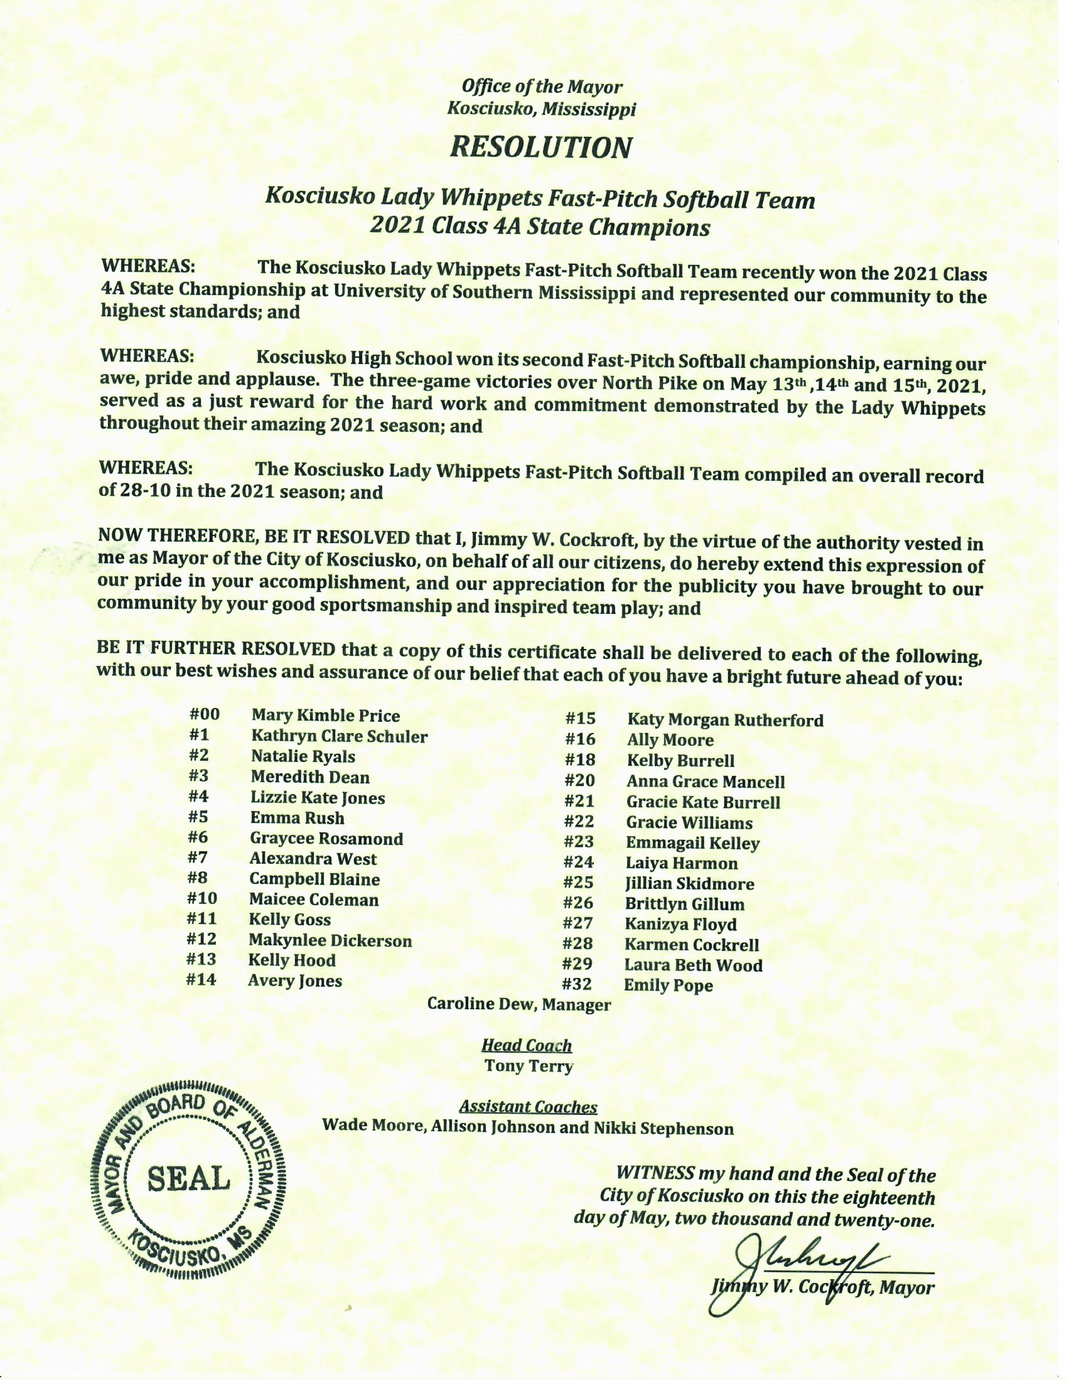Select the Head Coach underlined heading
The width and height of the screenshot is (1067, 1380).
pos(527,1045)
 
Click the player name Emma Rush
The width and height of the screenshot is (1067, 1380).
pos(297,818)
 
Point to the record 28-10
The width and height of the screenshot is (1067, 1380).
pos(139,491)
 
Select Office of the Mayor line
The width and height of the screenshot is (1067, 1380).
pos(542,87)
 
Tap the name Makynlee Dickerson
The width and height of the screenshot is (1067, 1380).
pos(330,940)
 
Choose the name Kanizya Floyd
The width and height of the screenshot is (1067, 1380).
pos(681,924)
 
